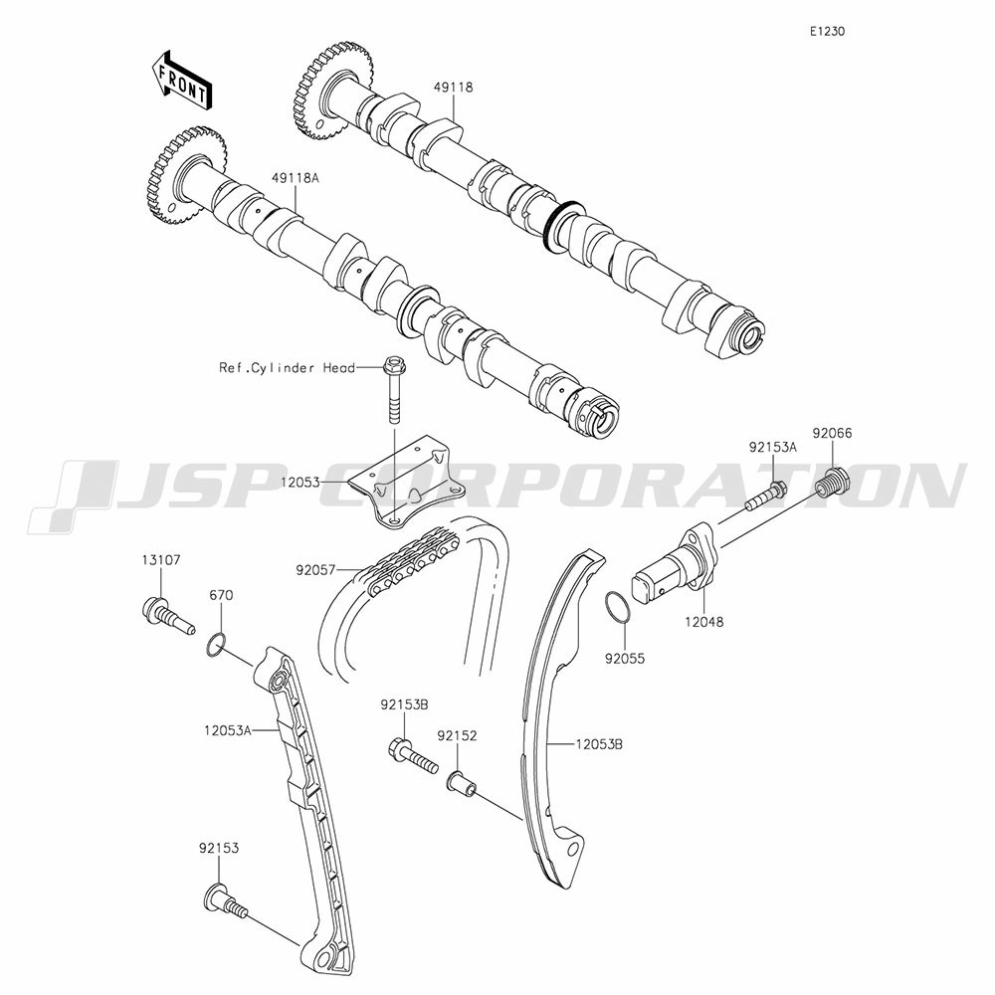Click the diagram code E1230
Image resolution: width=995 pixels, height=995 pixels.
[827, 31]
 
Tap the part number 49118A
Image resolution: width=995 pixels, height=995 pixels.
[296, 178]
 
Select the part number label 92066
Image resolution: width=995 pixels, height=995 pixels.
[832, 434]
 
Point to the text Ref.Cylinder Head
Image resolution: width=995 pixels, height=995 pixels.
[287, 367]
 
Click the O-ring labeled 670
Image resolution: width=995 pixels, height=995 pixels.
[216, 645]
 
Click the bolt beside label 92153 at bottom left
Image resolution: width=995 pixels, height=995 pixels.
[225, 901]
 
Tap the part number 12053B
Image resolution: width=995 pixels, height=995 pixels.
[599, 743]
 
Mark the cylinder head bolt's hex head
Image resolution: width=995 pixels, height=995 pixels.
[393, 366]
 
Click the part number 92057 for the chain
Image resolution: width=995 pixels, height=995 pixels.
[315, 570]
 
